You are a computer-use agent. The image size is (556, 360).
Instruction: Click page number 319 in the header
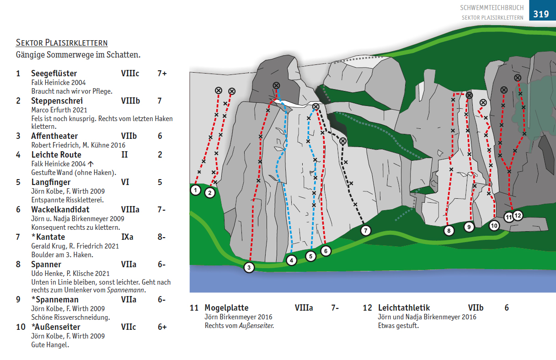(x=540, y=14)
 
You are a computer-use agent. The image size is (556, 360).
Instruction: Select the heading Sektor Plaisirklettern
(x=62, y=43)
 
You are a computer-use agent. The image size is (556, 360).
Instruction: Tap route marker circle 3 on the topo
(x=249, y=267)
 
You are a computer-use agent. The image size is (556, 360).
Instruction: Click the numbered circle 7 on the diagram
(x=365, y=231)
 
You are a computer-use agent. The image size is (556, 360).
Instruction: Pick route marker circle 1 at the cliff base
(x=196, y=190)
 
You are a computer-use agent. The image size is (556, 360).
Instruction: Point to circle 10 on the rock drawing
(x=494, y=225)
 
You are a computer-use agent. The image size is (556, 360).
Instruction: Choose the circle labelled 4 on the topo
(x=292, y=260)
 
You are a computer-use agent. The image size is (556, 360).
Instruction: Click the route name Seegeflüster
(x=54, y=74)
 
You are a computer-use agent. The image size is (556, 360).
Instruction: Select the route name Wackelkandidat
(x=60, y=210)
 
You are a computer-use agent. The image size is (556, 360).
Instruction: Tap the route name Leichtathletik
(x=404, y=308)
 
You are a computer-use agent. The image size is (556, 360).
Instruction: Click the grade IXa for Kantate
(x=127, y=237)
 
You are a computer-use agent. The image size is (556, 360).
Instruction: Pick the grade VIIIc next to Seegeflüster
(x=130, y=74)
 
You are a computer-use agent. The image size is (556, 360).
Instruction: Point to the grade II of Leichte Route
(x=124, y=155)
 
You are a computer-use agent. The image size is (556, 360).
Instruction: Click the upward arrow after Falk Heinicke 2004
(x=91, y=164)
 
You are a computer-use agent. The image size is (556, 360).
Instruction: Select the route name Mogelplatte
(x=226, y=308)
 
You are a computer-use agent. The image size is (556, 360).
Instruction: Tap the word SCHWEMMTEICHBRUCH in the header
(x=492, y=8)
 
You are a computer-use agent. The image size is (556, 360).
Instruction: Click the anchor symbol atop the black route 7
(x=343, y=141)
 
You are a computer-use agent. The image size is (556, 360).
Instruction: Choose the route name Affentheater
(x=54, y=136)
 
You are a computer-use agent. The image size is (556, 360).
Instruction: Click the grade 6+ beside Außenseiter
(x=162, y=327)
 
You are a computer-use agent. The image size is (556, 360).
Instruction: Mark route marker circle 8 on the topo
(x=449, y=231)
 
